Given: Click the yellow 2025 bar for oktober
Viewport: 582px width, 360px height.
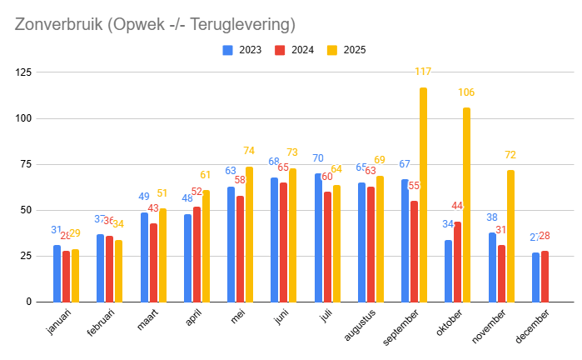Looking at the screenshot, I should click(466, 204).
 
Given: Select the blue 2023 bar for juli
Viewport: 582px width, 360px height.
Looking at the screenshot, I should click(318, 237).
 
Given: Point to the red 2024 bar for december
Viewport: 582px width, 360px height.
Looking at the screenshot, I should click(545, 276).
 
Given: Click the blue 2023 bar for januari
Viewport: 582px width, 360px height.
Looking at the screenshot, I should click(57, 273).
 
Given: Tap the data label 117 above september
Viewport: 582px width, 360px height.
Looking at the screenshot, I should click(424, 72).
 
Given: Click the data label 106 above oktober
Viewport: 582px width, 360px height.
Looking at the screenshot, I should click(466, 92).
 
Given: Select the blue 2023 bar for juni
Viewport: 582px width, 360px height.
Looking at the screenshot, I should click(274, 239).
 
